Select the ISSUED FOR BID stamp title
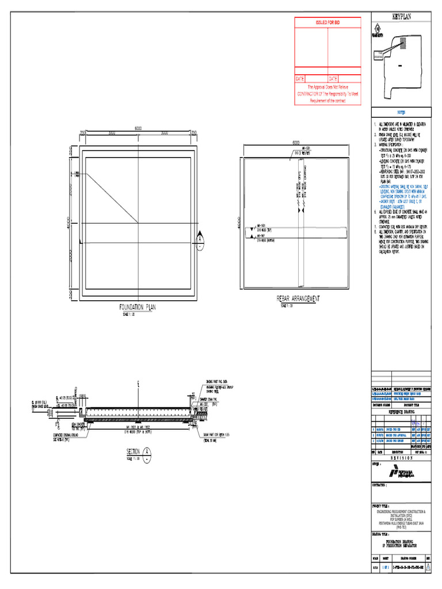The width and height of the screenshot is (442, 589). [x=327, y=22]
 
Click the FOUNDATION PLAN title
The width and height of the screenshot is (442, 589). [x=138, y=308]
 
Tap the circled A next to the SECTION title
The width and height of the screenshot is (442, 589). [x=148, y=452]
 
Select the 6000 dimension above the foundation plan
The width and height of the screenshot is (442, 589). [x=138, y=128]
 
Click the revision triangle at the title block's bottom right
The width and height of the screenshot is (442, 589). [x=428, y=566]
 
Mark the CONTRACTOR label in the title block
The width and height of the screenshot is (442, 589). [x=383, y=485]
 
